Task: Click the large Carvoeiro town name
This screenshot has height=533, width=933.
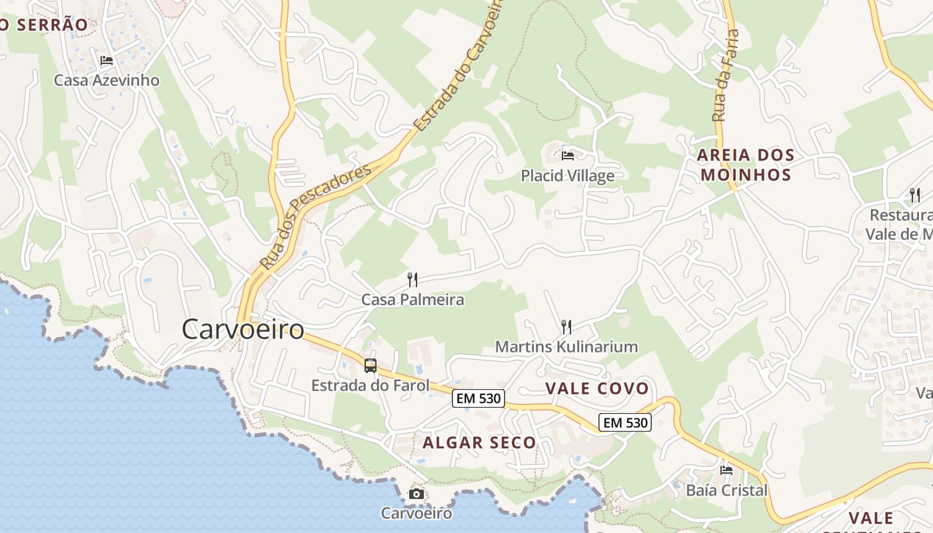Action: pyautogui.click(x=243, y=329)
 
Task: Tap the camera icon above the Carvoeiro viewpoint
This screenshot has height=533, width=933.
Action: pyautogui.click(x=417, y=494)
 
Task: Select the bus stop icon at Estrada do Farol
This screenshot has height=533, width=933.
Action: pyautogui.click(x=371, y=366)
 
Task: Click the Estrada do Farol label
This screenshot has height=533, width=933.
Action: pyautogui.click(x=371, y=385)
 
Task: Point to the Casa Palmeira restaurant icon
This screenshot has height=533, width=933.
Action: pyautogui.click(x=413, y=280)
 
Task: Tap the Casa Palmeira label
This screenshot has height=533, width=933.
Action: pyautogui.click(x=413, y=300)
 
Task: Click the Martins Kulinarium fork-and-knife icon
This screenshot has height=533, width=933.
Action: pyautogui.click(x=566, y=326)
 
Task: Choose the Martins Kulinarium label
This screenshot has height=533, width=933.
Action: pyautogui.click(x=566, y=346)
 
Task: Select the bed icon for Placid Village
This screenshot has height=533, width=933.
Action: pyautogui.click(x=568, y=156)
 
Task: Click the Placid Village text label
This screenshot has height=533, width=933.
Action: pyautogui.click(x=568, y=176)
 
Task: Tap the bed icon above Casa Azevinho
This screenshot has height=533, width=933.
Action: pyautogui.click(x=107, y=61)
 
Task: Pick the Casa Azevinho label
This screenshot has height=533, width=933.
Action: pyautogui.click(x=107, y=81)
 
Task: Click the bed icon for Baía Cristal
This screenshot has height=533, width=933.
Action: pyautogui.click(x=726, y=470)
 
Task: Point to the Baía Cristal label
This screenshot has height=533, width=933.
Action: pyautogui.click(x=726, y=490)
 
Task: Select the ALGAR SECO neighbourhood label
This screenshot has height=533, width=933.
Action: pyautogui.click(x=479, y=442)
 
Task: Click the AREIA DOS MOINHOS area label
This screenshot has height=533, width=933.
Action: pyautogui.click(x=746, y=165)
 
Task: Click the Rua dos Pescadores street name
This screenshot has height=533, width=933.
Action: pyautogui.click(x=315, y=217)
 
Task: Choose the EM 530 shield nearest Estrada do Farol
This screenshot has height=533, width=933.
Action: pyautogui.click(x=478, y=398)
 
